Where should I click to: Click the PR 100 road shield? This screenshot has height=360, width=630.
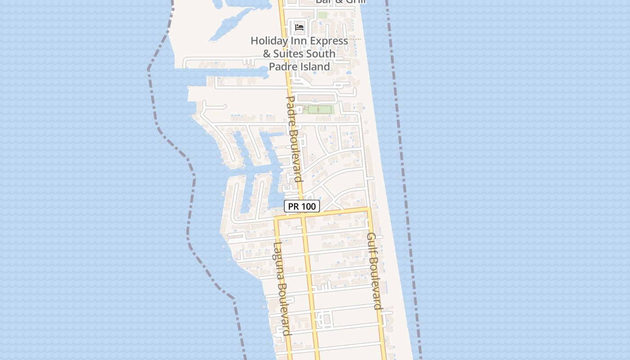coord(302,207)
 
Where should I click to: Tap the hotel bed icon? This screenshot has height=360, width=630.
coord(299,27)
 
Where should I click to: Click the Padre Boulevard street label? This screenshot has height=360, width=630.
coord(294,139)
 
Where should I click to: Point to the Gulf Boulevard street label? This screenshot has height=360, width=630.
coord(374,271)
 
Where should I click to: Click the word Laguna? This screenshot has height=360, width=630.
coord(278,261)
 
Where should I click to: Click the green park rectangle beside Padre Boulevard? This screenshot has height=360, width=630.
coord(318,109)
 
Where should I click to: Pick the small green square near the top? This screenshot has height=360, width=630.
coord(322,15)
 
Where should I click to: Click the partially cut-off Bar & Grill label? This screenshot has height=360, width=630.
coord(340,2)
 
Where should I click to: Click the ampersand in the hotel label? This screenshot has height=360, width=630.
coord(267,54)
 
